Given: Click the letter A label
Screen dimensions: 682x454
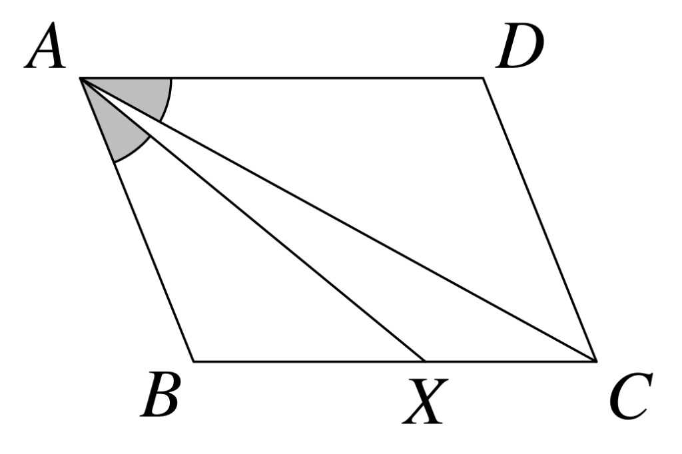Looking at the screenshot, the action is (x=45, y=46).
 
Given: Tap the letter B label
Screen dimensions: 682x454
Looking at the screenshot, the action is (x=160, y=395).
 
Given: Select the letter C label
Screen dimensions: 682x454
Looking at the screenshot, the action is (x=631, y=395).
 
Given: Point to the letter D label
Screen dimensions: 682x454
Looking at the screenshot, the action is (x=520, y=46).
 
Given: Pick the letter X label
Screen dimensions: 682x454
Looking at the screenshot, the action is (x=426, y=401).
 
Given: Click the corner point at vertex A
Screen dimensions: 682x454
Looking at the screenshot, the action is (x=80, y=79).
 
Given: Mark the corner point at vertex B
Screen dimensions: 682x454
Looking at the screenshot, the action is (x=194, y=361).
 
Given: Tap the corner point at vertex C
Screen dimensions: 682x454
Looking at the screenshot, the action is (x=596, y=361).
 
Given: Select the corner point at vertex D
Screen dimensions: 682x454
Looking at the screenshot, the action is (x=484, y=79).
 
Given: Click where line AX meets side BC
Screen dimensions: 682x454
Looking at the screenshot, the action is (x=424, y=361).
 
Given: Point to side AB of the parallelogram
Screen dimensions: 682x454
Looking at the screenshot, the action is (x=137, y=220).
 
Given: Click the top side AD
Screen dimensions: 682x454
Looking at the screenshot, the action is (x=282, y=79).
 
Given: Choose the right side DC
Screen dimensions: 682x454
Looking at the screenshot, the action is (x=539, y=220).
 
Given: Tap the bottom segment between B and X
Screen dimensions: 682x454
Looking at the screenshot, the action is (x=309, y=361).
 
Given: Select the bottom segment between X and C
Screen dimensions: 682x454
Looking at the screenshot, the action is (x=510, y=361).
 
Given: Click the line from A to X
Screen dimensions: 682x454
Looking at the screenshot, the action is (x=252, y=220).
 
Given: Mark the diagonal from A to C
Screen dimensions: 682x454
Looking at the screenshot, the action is (x=338, y=220).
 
